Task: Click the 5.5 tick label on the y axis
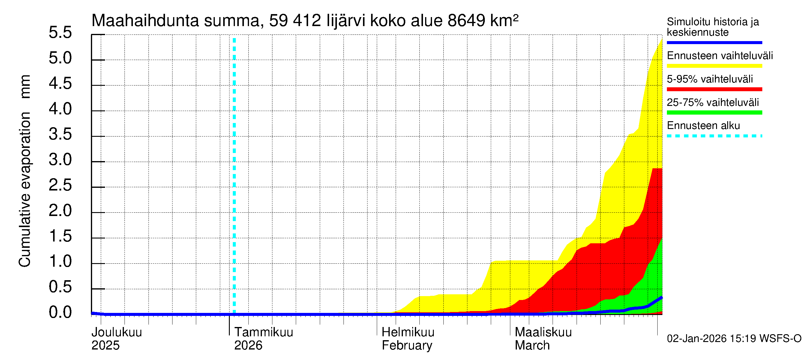[60, 32]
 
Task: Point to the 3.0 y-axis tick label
[60, 160]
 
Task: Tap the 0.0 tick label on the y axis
[60, 313]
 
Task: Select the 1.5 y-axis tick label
[60, 236]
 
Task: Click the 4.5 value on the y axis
[60, 83]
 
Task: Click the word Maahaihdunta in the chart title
[145, 21]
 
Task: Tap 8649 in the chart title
[466, 21]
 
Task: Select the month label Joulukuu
[117, 332]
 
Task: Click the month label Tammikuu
[263, 332]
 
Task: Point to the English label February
[407, 346]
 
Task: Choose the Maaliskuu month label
[543, 332]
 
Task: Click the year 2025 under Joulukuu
[105, 346]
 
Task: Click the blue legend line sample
[714, 42]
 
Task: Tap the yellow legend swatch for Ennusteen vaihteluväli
[714, 66]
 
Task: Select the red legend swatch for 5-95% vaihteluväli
[714, 89]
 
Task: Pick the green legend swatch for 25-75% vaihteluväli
[714, 112]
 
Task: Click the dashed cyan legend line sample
[714, 136]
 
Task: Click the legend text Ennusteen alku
[703, 126]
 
